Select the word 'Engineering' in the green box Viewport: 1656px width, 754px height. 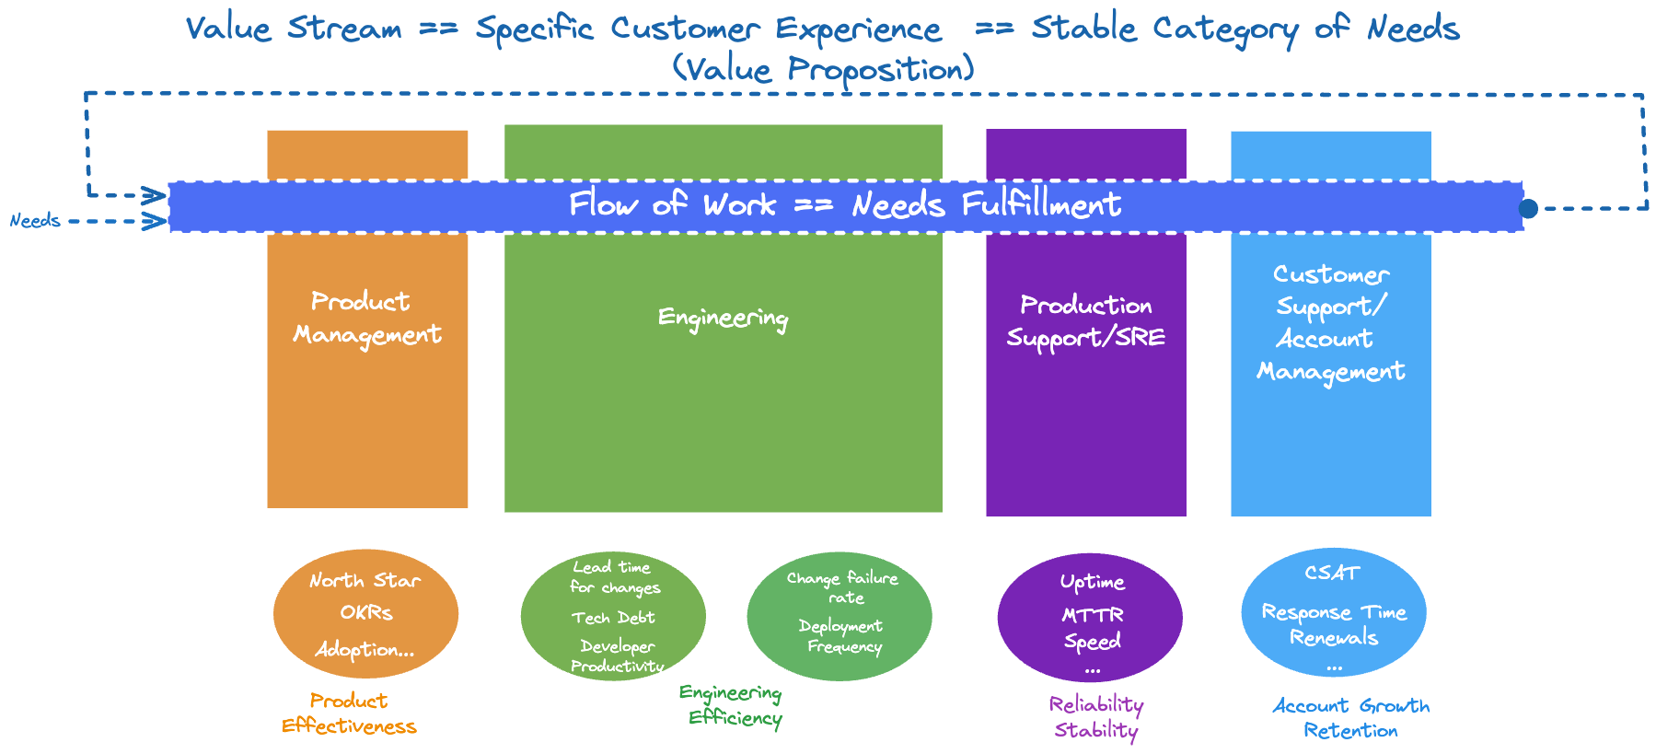[723, 319]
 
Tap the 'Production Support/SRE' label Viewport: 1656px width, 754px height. [1086, 321]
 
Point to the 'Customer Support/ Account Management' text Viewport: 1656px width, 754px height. [1331, 323]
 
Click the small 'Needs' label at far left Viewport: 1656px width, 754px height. [35, 221]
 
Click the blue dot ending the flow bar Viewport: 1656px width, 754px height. [1528, 208]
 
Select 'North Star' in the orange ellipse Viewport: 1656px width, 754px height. [365, 581]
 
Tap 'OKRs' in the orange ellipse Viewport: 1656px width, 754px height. [366, 613]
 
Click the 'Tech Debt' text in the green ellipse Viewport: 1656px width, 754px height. [613, 618]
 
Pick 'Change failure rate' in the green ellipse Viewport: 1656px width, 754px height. [842, 587]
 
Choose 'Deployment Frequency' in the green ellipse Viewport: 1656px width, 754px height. [841, 636]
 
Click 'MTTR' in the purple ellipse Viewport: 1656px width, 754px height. [1093, 615]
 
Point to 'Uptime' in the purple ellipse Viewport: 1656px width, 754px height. [1092, 582]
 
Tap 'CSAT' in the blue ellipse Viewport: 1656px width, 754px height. [1332, 573]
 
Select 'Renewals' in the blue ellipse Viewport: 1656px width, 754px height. [1333, 638]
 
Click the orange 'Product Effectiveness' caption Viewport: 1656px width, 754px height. [349, 713]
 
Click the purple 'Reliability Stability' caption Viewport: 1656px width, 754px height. [1095, 717]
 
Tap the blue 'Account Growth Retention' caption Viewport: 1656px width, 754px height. [1350, 718]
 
